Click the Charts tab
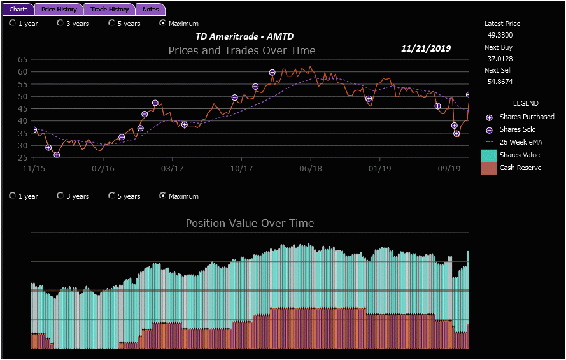coord(18,10)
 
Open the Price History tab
coord(59,10)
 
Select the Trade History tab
coord(110,10)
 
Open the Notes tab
coord(151,10)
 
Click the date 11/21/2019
coord(426,48)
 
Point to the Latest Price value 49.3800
coord(500,36)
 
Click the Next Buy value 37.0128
coord(500,59)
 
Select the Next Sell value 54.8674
coord(500,82)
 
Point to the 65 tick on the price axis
coord(23,59)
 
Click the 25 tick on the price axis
coord(23,157)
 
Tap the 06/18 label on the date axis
coord(310,169)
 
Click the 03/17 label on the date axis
coord(172,169)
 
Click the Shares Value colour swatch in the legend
coord(489,155)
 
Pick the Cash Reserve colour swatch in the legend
coord(489,168)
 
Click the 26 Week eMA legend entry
coord(520,142)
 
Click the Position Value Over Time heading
coord(250,223)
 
